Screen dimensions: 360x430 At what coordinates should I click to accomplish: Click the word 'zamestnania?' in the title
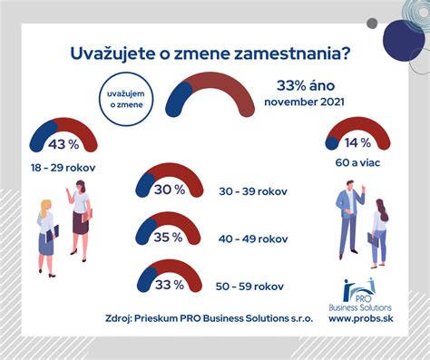pyautogui.click(x=293, y=54)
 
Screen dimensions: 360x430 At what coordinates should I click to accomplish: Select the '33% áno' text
pyautogui.click(x=299, y=86)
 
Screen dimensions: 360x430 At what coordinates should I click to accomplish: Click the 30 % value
pyautogui.click(x=170, y=190)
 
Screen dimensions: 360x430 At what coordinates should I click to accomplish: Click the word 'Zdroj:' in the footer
pyautogui.click(x=124, y=320)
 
